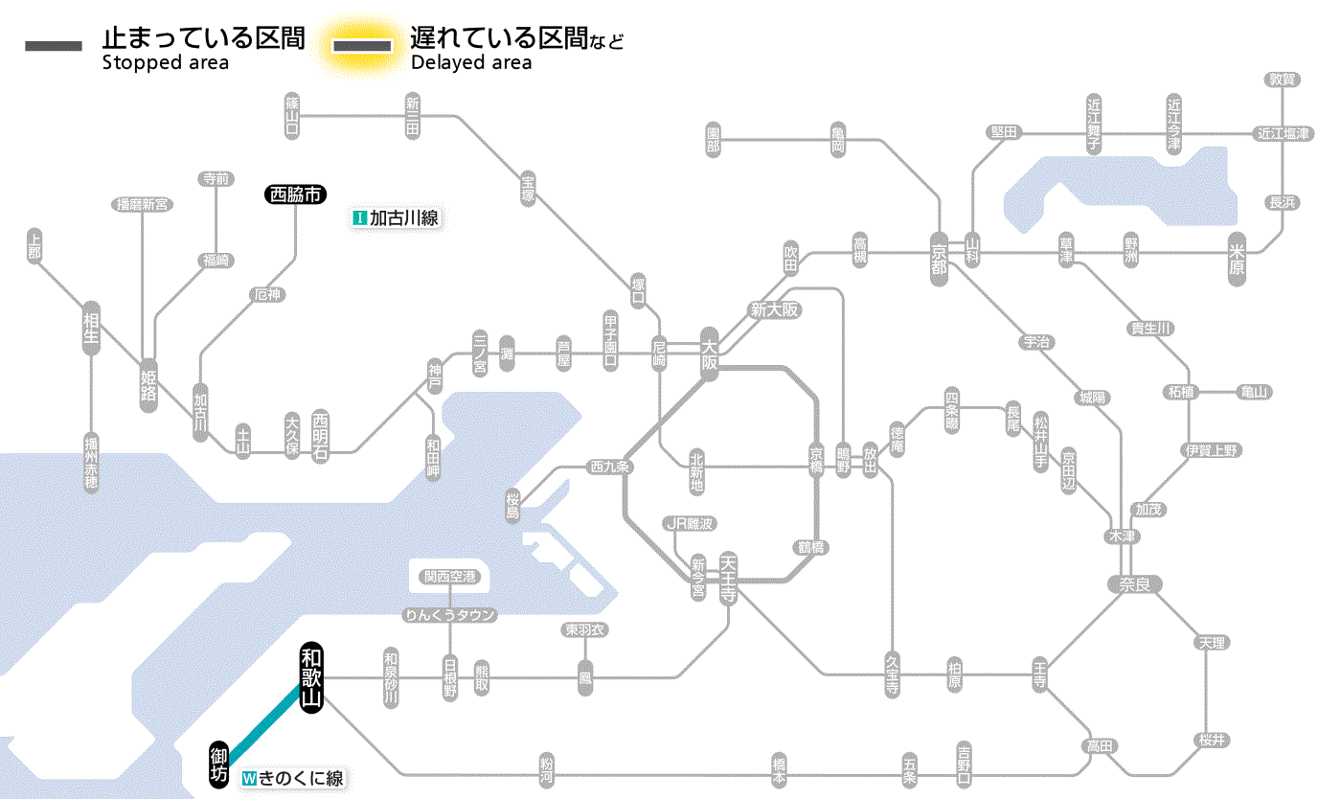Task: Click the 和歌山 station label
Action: click(x=311, y=677)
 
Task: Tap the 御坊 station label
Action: click(x=219, y=764)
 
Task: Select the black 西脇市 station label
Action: click(x=296, y=194)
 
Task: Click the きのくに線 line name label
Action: click(x=293, y=779)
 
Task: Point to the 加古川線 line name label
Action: click(x=396, y=218)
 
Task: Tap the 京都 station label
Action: click(x=939, y=255)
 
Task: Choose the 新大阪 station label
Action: click(x=775, y=309)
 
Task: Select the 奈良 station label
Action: click(x=1134, y=584)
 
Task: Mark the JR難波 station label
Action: click(x=690, y=523)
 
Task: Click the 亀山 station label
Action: click(x=1253, y=392)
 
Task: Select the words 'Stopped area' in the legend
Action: click(x=166, y=63)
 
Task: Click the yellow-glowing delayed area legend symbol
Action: click(x=362, y=46)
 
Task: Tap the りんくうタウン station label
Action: click(x=450, y=615)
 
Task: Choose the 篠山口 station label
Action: click(x=293, y=114)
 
